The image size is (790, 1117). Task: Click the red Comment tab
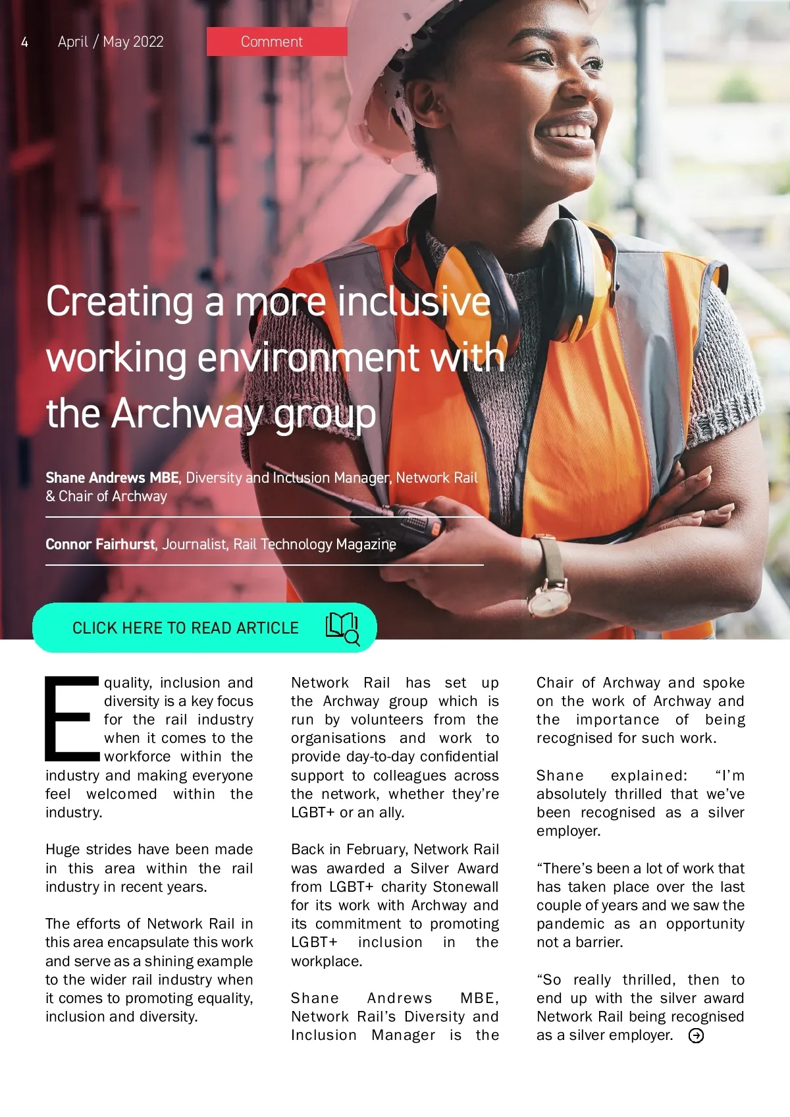pyautogui.click(x=276, y=41)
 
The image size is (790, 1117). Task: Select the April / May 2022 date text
pyautogui.click(x=111, y=42)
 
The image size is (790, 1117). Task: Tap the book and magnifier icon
pyautogui.click(x=342, y=628)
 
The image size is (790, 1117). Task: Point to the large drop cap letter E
pyautogui.click(x=71, y=718)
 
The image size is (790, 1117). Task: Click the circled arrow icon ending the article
pyautogui.click(x=696, y=1036)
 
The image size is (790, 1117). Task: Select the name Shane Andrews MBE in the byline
pyautogui.click(x=112, y=477)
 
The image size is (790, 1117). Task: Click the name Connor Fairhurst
pyautogui.click(x=100, y=545)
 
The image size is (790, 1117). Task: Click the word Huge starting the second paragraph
pyautogui.click(x=63, y=850)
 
